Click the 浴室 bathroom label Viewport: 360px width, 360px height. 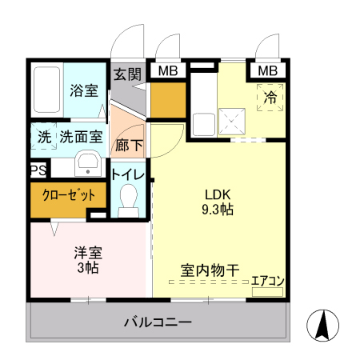[x=84, y=90]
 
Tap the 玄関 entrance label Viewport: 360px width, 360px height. [x=126, y=74]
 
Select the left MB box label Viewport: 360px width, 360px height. [x=167, y=71]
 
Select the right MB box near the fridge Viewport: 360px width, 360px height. [x=268, y=71]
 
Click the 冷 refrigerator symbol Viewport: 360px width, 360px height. [x=271, y=98]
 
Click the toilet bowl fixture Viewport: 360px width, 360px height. [x=127, y=199]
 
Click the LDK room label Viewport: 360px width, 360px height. [x=217, y=194]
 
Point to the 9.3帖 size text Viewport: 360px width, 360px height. [x=217, y=210]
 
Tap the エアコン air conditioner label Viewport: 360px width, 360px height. [x=268, y=281]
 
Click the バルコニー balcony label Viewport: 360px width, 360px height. [x=158, y=323]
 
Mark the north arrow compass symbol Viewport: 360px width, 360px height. [x=323, y=325]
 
